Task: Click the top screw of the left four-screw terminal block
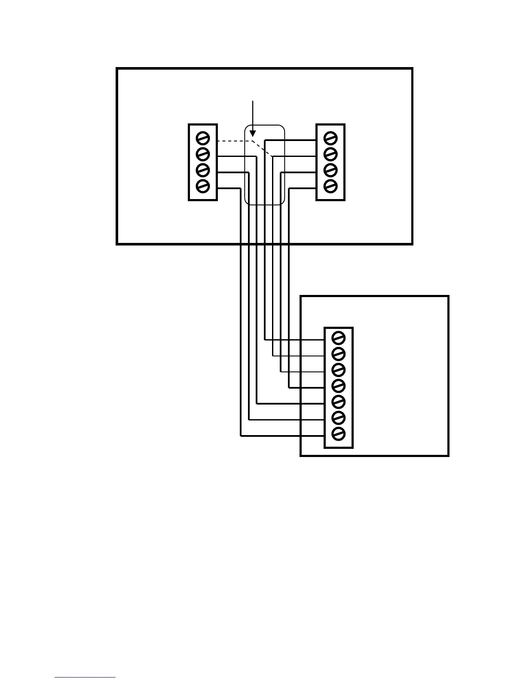pyautogui.click(x=202, y=138)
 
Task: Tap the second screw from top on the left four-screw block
pyautogui.click(x=202, y=154)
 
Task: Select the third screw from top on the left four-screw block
pyautogui.click(x=202, y=170)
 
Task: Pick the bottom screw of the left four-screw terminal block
pyautogui.click(x=202, y=186)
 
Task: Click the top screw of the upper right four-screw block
pyautogui.click(x=330, y=138)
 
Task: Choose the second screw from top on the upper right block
pyautogui.click(x=330, y=154)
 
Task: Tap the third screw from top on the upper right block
pyautogui.click(x=330, y=170)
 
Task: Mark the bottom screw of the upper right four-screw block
pyautogui.click(x=330, y=186)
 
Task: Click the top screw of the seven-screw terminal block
pyautogui.click(x=339, y=338)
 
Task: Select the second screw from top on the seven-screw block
pyautogui.click(x=339, y=354)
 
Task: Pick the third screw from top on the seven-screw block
pyautogui.click(x=339, y=370)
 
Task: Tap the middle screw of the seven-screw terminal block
pyautogui.click(x=339, y=386)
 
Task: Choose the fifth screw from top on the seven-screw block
pyautogui.click(x=339, y=402)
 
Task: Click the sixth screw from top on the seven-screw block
pyautogui.click(x=339, y=417)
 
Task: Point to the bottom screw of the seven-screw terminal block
pyautogui.click(x=339, y=433)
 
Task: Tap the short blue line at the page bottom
pyautogui.click(x=85, y=678)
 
